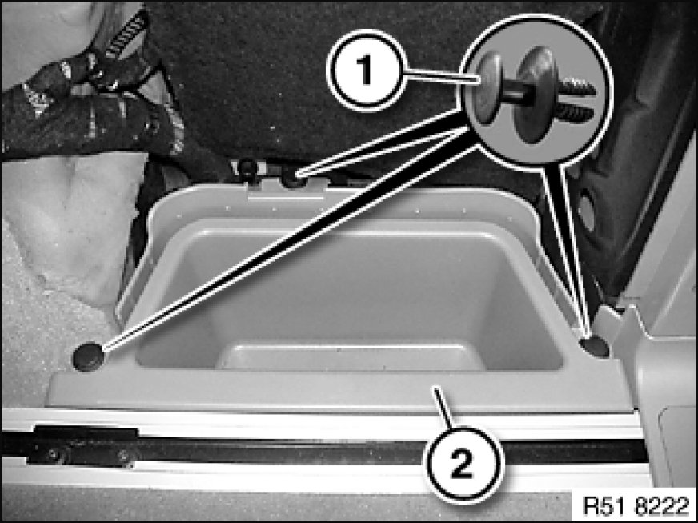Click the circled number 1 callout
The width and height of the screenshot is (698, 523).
(x=367, y=70)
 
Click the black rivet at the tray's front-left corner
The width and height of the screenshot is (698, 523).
(x=88, y=356)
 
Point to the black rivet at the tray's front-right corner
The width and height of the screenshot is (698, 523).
(x=596, y=347)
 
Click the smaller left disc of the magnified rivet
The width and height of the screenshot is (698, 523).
(x=487, y=88)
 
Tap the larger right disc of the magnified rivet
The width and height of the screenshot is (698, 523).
(x=536, y=95)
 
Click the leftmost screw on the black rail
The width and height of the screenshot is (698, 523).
(x=53, y=454)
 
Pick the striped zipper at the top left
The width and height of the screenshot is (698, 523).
(x=126, y=33)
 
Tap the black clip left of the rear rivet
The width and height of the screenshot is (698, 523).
(x=247, y=169)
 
